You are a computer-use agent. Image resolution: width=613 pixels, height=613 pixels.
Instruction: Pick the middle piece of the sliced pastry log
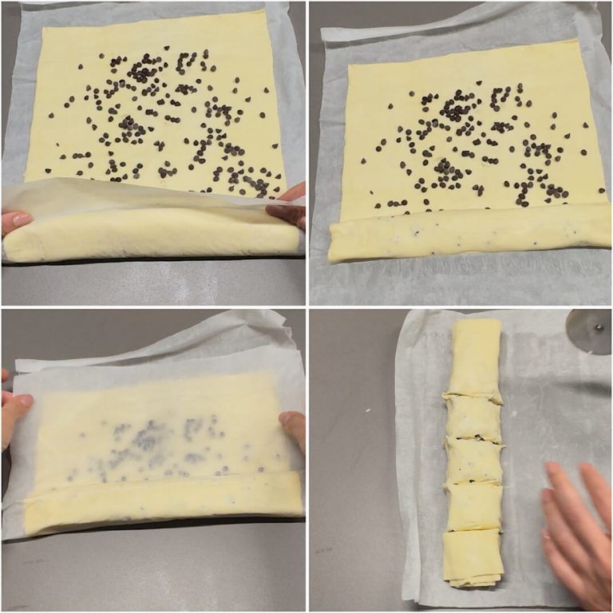click(475, 461)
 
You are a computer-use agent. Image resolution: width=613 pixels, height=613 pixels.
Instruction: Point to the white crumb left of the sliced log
click(370, 412)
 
